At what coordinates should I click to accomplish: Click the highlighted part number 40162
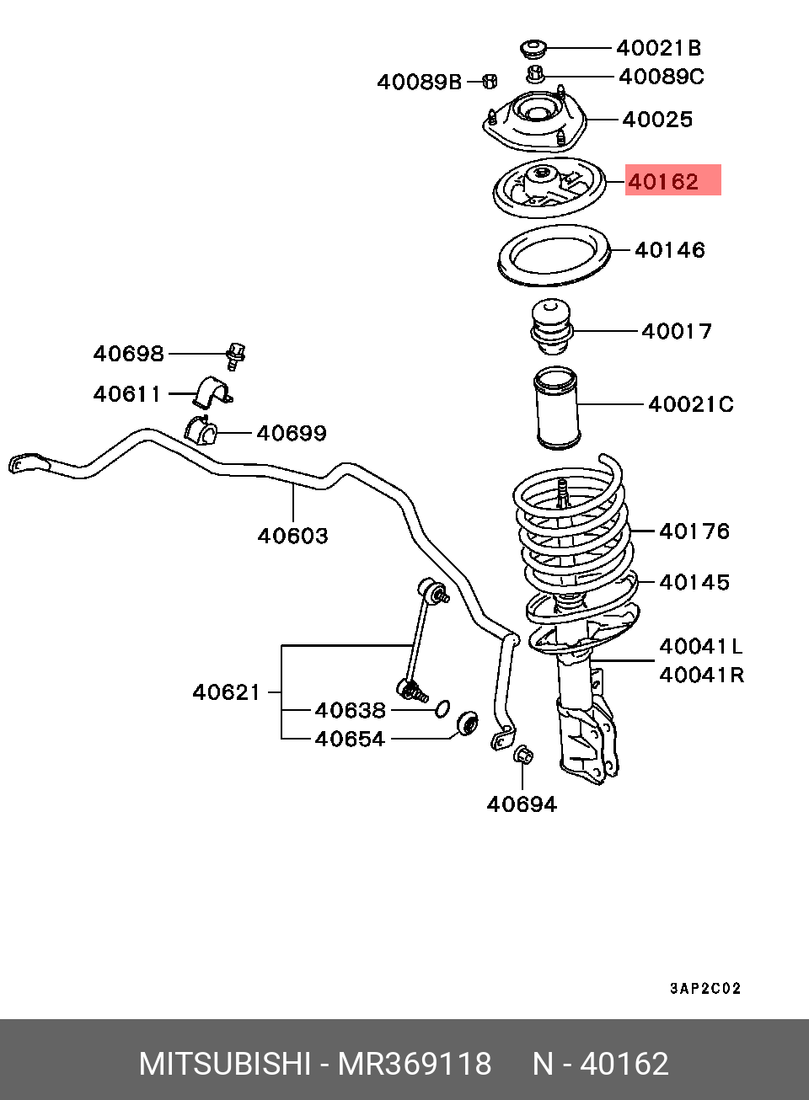(x=663, y=182)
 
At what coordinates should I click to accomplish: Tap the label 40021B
(x=659, y=48)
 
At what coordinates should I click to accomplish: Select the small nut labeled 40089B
(x=490, y=81)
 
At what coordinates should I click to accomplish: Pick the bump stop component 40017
(x=552, y=326)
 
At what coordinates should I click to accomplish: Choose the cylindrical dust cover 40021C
(x=556, y=407)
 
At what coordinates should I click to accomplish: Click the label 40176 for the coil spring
(x=694, y=531)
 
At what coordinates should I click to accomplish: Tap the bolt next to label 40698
(x=235, y=355)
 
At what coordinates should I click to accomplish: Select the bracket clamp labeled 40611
(x=212, y=392)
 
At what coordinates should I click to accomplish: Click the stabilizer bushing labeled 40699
(x=201, y=429)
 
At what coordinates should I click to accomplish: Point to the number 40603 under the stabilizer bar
(x=292, y=536)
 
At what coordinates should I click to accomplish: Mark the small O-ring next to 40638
(x=442, y=708)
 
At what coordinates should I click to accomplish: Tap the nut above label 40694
(x=524, y=756)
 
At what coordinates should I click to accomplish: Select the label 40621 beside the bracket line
(x=227, y=693)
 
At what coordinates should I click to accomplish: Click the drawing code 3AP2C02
(x=705, y=989)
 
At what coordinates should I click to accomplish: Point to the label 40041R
(x=702, y=675)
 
